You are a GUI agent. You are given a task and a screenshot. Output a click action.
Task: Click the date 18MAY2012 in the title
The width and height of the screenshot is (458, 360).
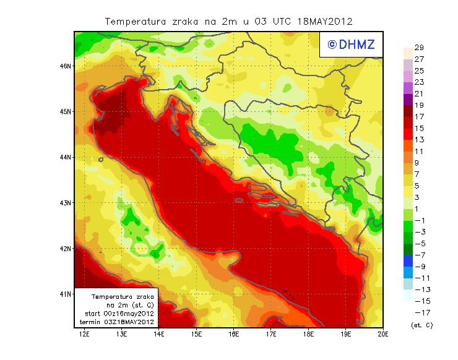tap(326, 21)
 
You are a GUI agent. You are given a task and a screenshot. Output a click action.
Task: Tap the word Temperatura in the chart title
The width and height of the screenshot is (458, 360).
tap(136, 21)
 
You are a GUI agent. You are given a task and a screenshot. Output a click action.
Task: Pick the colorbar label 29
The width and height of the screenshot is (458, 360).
tap(418, 48)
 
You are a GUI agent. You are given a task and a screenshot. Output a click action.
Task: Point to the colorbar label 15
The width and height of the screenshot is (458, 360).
tap(418, 128)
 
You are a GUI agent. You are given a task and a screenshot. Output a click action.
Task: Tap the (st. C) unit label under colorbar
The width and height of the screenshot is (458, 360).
tap(421, 325)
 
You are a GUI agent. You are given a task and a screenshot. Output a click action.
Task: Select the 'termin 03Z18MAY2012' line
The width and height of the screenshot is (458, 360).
tap(117, 322)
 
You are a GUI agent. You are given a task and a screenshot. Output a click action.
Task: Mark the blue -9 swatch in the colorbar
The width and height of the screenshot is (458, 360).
tap(407, 260)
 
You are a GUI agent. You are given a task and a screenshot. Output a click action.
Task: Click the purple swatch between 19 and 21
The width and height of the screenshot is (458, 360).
tap(407, 100)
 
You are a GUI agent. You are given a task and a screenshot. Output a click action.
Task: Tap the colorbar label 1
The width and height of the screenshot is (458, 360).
tap(418, 208)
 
